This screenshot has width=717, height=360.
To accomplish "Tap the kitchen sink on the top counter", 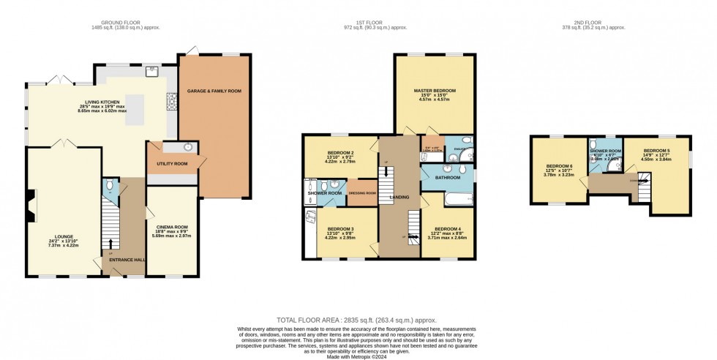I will click(153, 72).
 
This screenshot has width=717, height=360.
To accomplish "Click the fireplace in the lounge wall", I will click(29, 205).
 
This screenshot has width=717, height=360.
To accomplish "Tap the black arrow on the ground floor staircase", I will click(112, 244).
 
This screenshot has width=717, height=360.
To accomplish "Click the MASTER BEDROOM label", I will click(435, 91).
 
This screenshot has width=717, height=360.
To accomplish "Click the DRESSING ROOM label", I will click(362, 192).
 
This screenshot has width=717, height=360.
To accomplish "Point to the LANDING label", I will click(399, 197).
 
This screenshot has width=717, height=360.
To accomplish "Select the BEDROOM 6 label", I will click(560, 166).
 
